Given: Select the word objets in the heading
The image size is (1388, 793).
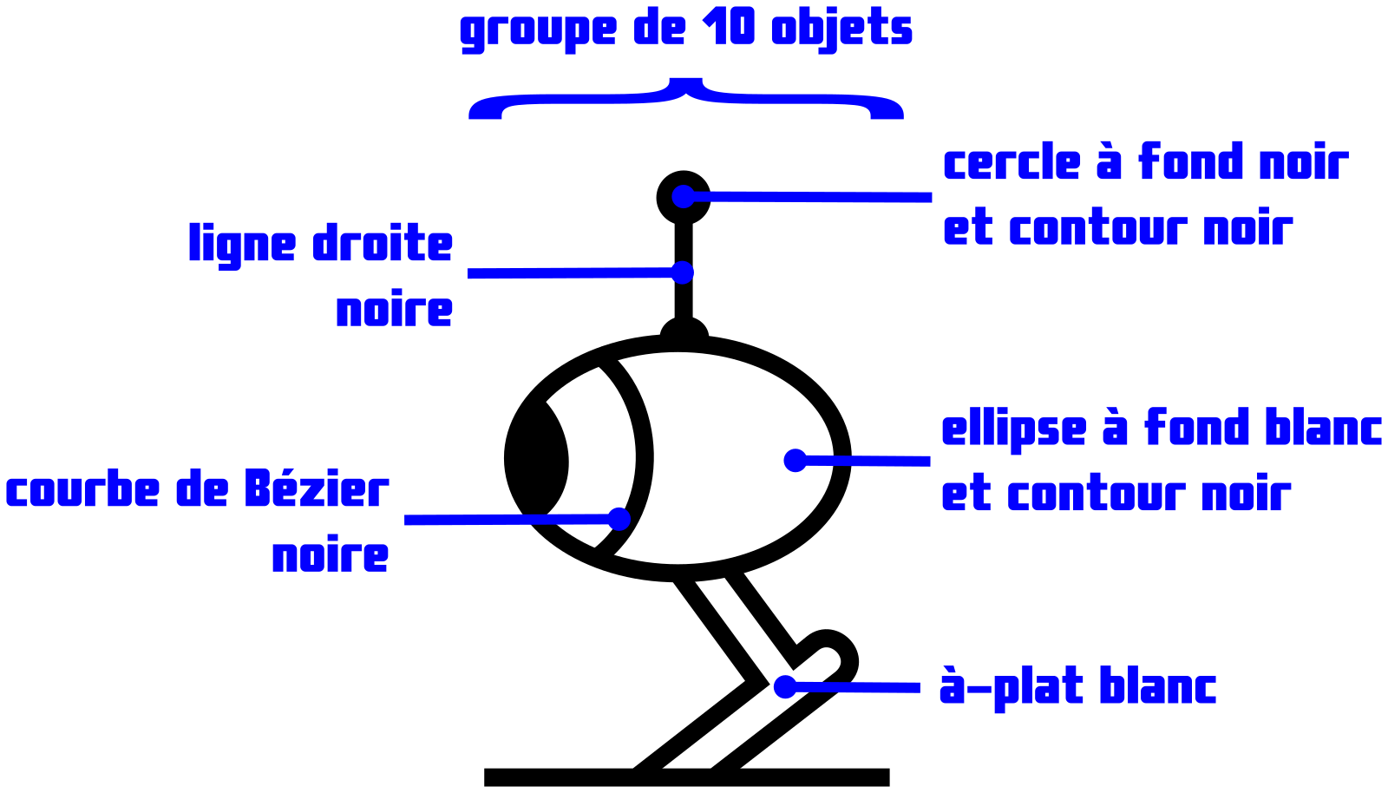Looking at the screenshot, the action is tap(841, 30).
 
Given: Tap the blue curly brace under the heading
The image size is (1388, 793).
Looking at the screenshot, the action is tap(686, 99).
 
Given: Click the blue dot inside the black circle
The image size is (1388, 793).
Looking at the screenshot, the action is tap(683, 197).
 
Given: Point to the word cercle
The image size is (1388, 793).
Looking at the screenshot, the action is tap(1012, 162).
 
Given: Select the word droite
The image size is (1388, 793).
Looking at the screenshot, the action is tap(383, 243).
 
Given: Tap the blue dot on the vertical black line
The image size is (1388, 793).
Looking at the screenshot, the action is tap(682, 272).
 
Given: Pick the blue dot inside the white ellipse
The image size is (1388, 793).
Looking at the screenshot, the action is tap(795, 461).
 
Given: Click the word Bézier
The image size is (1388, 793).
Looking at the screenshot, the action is tap(316, 488).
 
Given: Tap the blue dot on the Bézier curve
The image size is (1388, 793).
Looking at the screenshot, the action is tap(619, 519).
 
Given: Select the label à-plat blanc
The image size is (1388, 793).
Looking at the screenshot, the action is tap(1077, 688).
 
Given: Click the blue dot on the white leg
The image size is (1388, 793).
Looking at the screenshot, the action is tap(785, 686).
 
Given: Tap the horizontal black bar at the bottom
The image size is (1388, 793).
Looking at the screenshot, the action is tap(686, 777).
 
